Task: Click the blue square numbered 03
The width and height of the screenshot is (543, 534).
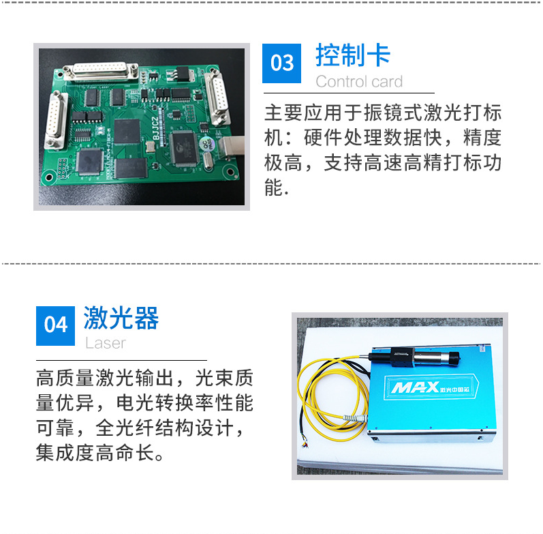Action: pyautogui.click(x=281, y=63)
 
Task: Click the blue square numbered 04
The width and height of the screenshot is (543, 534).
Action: pyautogui.click(x=55, y=325)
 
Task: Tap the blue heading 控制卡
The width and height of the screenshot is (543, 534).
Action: pyautogui.click(x=353, y=55)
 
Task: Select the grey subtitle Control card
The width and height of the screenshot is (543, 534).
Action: pyautogui.click(x=359, y=82)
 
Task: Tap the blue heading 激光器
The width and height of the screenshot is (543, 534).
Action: pyautogui.click(x=121, y=318)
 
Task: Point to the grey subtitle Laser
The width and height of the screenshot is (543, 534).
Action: pyautogui.click(x=106, y=343)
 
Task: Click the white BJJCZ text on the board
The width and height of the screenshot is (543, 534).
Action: pyautogui.click(x=155, y=128)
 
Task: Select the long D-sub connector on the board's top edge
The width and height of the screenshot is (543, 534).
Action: pyautogui.click(x=101, y=71)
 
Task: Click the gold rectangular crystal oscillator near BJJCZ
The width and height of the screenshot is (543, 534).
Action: pyautogui.click(x=151, y=147)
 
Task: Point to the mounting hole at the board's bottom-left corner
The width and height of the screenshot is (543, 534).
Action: pyautogui.click(x=48, y=178)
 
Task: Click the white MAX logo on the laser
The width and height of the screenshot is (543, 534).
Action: pyautogui.click(x=415, y=387)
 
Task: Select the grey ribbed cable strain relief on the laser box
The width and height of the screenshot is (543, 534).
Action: pyautogui.click(x=354, y=418)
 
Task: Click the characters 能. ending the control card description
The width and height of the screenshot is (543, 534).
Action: pyautogui.click(x=277, y=188)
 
